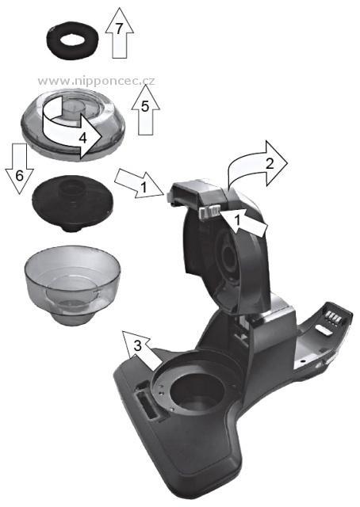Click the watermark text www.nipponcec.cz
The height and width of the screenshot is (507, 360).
pyautogui.click(x=96, y=81)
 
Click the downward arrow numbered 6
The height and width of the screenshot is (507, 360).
pyautogui.click(x=19, y=168)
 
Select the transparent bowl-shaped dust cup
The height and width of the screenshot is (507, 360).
pyautogui.click(x=72, y=285)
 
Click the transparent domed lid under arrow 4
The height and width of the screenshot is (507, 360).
pyautogui.click(x=72, y=128)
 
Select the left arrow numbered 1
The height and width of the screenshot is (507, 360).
pyautogui.click(x=140, y=183)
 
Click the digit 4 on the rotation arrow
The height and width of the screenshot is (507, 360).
pyautogui.click(x=83, y=139)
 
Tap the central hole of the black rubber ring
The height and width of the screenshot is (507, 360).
pyautogui.click(x=72, y=40)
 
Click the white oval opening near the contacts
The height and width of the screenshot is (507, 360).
pyautogui.click(x=324, y=330)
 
